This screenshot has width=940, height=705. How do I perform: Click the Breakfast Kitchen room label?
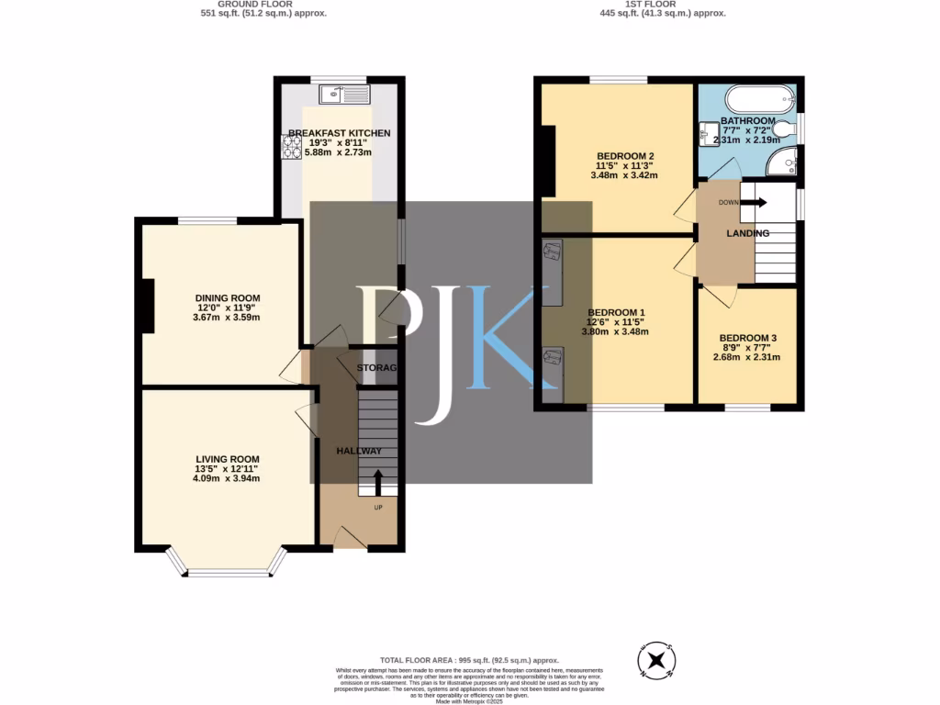339,133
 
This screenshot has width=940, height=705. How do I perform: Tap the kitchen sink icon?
345,94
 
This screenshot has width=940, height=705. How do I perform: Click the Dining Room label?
227,298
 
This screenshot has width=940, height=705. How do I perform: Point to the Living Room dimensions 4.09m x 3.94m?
227,478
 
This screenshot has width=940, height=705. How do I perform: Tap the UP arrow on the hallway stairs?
377,483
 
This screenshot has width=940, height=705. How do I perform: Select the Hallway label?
359,451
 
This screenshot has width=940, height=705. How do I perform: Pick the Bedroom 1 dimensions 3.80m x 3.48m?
615,331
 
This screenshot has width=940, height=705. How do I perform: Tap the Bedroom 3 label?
747,338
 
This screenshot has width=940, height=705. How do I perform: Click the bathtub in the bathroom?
757,98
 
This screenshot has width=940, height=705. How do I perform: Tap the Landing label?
747,234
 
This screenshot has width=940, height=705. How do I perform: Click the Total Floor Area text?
469,661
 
